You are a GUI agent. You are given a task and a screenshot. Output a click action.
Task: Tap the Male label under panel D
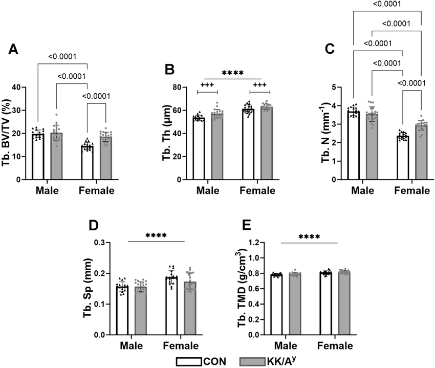(132, 345)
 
